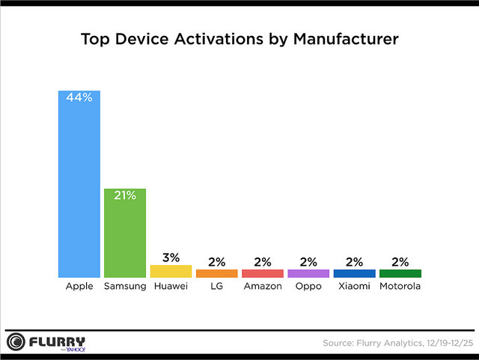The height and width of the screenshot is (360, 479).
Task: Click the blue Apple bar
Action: pyautogui.click(x=79, y=187)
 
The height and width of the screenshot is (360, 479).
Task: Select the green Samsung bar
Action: pyautogui.click(x=125, y=236)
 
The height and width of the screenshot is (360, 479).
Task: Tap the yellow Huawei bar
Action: pyautogui.click(x=171, y=271)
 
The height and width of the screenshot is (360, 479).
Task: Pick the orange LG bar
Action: pyautogui.click(x=216, y=273)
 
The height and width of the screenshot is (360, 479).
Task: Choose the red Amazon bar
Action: pyautogui.click(x=263, y=273)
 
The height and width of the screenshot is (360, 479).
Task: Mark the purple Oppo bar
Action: pyautogui.click(x=308, y=273)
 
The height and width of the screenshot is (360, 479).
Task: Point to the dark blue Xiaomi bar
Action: pyautogui.click(x=354, y=273)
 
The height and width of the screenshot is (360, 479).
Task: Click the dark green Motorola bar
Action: pyautogui.click(x=400, y=273)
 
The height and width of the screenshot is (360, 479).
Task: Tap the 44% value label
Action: pyautogui.click(x=79, y=98)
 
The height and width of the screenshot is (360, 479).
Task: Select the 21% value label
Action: pyautogui.click(x=125, y=195)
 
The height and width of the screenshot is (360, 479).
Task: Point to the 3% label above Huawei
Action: pyautogui.click(x=171, y=257)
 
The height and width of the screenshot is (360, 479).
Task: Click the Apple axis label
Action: pyautogui.click(x=79, y=287)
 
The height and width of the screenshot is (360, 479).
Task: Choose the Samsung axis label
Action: pyautogui.click(x=125, y=287)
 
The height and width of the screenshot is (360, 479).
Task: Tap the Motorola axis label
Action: pyautogui.click(x=400, y=287)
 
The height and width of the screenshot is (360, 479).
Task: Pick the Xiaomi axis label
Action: pyautogui.click(x=354, y=287)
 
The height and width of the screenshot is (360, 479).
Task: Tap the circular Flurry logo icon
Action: pyautogui.click(x=16, y=342)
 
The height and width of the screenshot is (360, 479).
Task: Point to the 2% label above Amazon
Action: pyautogui.click(x=263, y=262)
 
